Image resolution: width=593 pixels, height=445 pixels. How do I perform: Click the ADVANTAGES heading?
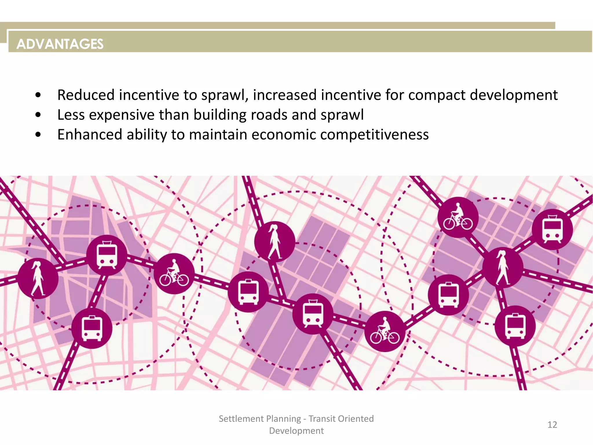click(60, 44)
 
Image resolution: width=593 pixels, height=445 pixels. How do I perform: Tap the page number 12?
click(552, 425)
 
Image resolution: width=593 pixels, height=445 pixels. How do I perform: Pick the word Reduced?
click(86, 95)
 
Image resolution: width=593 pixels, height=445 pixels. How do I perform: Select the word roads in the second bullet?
click(269, 115)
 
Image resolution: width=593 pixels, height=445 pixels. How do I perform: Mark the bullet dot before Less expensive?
click(38, 115)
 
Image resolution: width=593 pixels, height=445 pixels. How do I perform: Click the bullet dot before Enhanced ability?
click(38, 135)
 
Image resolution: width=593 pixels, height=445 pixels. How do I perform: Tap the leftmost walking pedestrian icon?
click(38, 278)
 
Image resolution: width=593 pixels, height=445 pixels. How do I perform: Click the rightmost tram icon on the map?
click(552, 229)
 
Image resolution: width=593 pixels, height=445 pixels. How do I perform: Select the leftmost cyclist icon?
click(174, 274)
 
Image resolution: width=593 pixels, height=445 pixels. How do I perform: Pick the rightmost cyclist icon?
click(458, 218)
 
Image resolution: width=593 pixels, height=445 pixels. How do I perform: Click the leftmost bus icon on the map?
click(92, 328)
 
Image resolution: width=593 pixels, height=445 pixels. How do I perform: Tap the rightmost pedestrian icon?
click(503, 268)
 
